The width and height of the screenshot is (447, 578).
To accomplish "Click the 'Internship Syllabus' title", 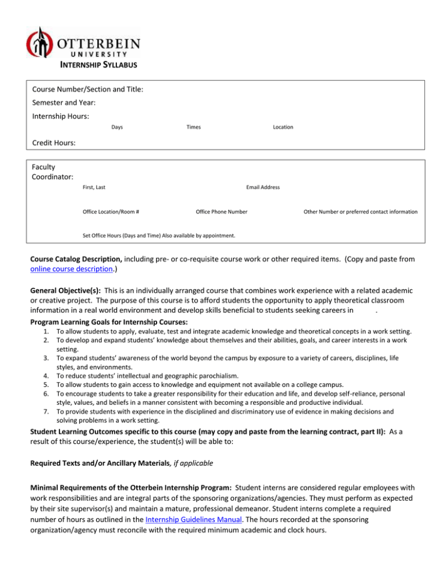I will tap(100, 65).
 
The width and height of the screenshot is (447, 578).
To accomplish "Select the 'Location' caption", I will tap(283, 127).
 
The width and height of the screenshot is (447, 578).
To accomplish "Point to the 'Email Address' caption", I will tap(263, 187).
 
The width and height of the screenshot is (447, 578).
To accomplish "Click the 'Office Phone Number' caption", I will tap(222, 212).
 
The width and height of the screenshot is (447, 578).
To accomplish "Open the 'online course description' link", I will tap(66, 270).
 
